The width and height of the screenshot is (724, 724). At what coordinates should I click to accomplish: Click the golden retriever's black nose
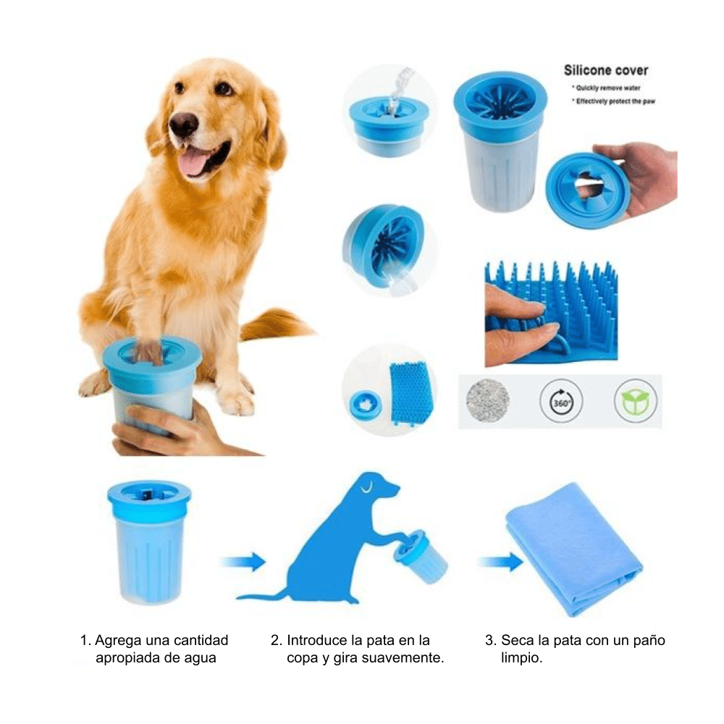tap(183, 125)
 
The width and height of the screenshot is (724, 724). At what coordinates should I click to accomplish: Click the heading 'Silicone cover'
tap(605, 71)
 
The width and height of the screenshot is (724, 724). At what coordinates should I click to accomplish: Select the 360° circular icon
tap(561, 400)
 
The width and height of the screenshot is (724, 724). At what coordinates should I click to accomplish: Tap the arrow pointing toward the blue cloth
tap(500, 561)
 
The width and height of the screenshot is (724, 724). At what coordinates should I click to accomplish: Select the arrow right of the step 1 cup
tap(243, 561)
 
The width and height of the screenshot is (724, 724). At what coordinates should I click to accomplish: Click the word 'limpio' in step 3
tap(521, 658)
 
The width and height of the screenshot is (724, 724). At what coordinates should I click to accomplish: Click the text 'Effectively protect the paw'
tap(615, 102)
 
